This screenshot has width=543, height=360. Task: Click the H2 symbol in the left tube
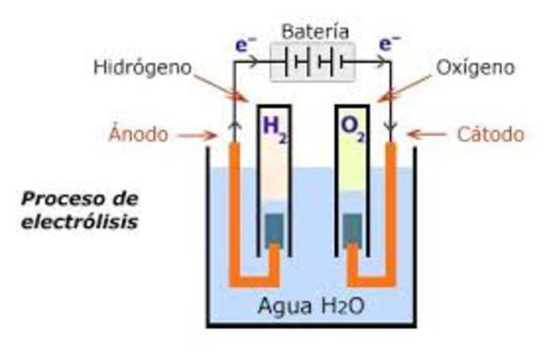click(275, 127)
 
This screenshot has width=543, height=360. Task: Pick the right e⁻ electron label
click(389, 43)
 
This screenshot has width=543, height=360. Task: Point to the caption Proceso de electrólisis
click(81, 211)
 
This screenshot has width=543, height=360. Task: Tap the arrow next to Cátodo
click(426, 134)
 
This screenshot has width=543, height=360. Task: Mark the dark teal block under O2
click(353, 228)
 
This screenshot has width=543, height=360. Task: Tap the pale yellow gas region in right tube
click(353, 170)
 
